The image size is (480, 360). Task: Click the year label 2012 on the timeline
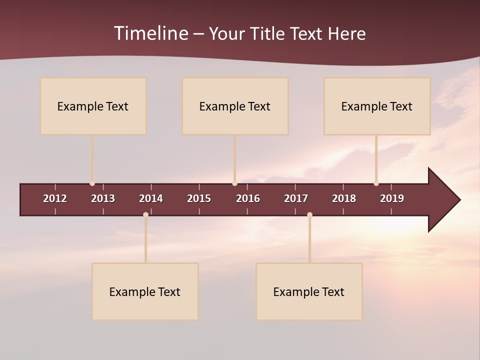[x=55, y=198]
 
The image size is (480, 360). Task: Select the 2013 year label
[x=103, y=198]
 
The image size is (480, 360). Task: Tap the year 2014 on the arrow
[x=151, y=198]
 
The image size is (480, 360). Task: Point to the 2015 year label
[x=199, y=198]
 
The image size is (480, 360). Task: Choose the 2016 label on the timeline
[x=248, y=198]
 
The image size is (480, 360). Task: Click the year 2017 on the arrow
[x=296, y=198]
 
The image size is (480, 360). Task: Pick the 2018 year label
[x=344, y=198]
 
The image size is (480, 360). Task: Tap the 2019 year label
[x=392, y=198]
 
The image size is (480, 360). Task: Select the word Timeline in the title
[x=150, y=33]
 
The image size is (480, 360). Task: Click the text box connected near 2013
[x=93, y=106]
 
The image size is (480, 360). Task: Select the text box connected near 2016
[x=235, y=106]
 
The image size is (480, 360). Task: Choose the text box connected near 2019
[x=377, y=106]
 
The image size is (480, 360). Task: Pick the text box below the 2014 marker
[x=145, y=291]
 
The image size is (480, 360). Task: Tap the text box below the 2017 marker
[x=309, y=291]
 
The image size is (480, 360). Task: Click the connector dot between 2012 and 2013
[x=92, y=183]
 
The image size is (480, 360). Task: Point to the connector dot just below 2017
[x=309, y=215]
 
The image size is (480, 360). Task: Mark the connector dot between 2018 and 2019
[x=376, y=183]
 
